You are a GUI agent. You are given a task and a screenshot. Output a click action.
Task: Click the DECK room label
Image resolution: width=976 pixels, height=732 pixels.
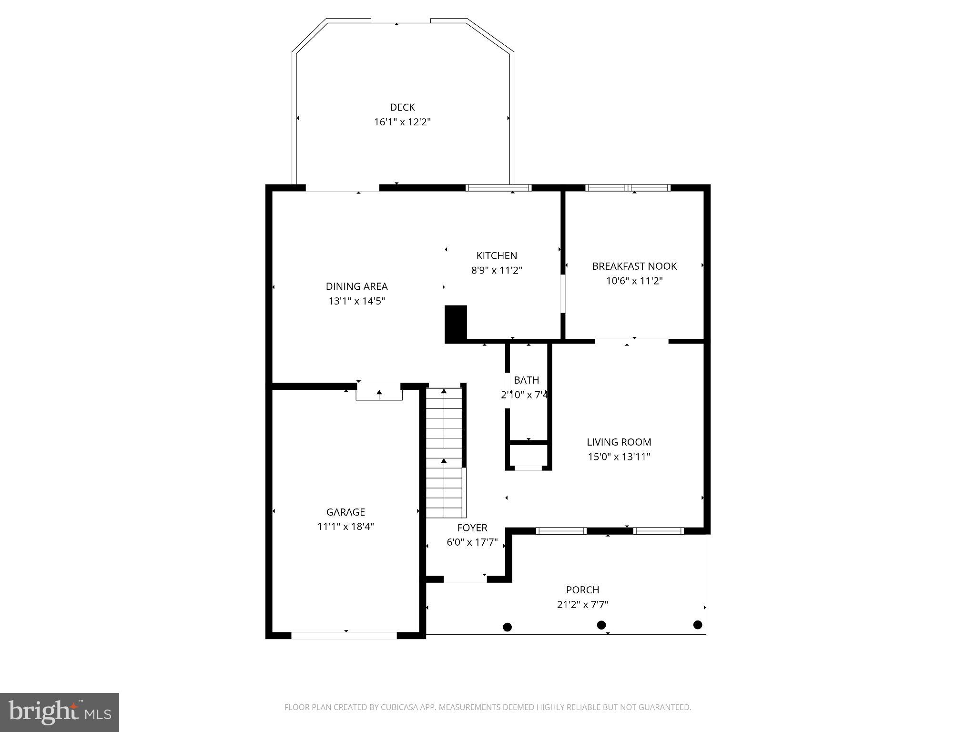(x=402, y=107)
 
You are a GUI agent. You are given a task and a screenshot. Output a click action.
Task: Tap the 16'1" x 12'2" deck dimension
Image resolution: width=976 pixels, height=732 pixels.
(x=402, y=122)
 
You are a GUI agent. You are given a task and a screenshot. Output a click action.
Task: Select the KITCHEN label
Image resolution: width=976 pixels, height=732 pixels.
(x=497, y=255)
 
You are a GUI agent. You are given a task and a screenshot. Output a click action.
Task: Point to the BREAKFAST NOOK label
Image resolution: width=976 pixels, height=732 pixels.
(x=634, y=266)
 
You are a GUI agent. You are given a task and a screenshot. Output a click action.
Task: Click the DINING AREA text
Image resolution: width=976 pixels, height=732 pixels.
(x=356, y=286)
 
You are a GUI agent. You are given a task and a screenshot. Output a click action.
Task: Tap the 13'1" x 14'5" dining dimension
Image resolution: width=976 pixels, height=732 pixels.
(x=356, y=301)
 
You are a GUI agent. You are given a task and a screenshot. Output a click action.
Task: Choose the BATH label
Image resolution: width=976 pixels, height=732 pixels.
(x=526, y=380)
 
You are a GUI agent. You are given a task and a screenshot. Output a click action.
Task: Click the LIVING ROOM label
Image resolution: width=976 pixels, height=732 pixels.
(x=619, y=442)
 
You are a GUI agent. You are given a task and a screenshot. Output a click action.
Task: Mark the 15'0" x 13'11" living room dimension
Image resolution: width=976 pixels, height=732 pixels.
(x=619, y=457)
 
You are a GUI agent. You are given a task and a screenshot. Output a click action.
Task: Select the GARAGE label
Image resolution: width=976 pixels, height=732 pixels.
(x=346, y=512)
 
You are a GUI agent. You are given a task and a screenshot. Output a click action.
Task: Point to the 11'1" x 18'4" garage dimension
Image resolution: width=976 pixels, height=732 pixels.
(x=346, y=527)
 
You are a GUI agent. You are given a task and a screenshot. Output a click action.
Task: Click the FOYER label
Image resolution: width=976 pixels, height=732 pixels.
(x=472, y=528)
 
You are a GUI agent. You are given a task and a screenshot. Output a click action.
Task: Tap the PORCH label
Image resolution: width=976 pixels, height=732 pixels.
(x=582, y=590)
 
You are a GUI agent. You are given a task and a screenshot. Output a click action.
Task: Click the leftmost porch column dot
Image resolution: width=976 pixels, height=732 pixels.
(x=508, y=627)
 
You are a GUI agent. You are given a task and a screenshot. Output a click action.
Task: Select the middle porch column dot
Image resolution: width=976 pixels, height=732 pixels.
(x=601, y=625)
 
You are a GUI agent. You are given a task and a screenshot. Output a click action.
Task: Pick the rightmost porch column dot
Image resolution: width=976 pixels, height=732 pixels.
(x=698, y=625)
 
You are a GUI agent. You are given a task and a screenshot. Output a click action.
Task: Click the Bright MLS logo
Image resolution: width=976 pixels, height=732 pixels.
(x=60, y=712)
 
